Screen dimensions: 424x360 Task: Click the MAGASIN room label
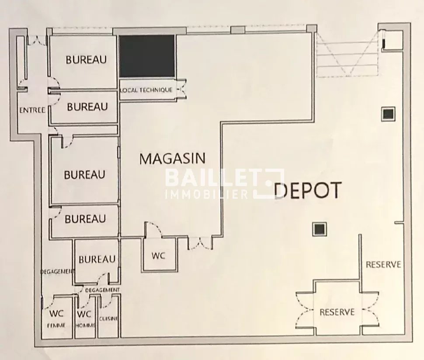pyautogui.click(x=172, y=159)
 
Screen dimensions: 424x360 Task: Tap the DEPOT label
pyautogui.click(x=307, y=190)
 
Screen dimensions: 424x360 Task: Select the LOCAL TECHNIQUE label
pyautogui.click(x=146, y=90)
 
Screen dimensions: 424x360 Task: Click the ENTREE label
pyautogui.click(x=32, y=110)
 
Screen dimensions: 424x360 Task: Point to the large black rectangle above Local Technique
pyautogui.click(x=147, y=56)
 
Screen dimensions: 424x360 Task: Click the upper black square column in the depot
pyautogui.click(x=388, y=114)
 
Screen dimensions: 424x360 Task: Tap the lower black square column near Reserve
pyautogui.click(x=320, y=229)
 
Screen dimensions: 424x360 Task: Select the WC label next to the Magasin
pyautogui.click(x=158, y=256)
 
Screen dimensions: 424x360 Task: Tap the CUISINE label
pyautogui.click(x=108, y=319)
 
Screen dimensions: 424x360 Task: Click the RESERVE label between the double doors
pyautogui.click(x=337, y=312)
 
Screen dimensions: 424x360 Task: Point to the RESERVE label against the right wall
pyautogui.click(x=383, y=264)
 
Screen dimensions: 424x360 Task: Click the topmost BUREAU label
pyautogui.click(x=86, y=59)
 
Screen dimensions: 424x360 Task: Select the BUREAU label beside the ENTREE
pyautogui.click(x=87, y=107)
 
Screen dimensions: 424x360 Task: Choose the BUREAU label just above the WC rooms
pyautogui.click(x=97, y=260)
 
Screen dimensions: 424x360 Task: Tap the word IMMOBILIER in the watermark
pyautogui.click(x=207, y=194)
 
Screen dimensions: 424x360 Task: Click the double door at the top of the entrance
pyautogui.click(x=38, y=40)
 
